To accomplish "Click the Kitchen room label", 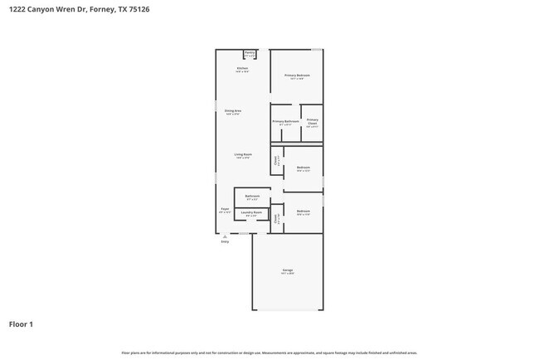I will [242, 69].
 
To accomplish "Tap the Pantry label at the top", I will [250, 53].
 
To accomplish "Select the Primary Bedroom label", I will [297, 76].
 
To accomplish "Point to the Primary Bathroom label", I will [285, 121].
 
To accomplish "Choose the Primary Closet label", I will [312, 123].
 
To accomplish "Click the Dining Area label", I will [232, 111].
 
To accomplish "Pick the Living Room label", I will [242, 155].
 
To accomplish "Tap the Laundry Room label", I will [251, 213].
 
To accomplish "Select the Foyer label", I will [224, 209].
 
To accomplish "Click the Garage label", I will [287, 271].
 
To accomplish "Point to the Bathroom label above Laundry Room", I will [252, 197].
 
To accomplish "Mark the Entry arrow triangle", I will [224, 236].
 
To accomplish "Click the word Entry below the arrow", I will [224, 242].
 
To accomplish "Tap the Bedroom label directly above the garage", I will [303, 212].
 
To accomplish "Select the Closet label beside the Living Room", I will [276, 162].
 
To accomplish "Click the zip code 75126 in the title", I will [127, 11].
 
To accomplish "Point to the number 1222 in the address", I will [17, 11].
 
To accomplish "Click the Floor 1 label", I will [21, 324].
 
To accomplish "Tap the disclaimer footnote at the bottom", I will [269, 353].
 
